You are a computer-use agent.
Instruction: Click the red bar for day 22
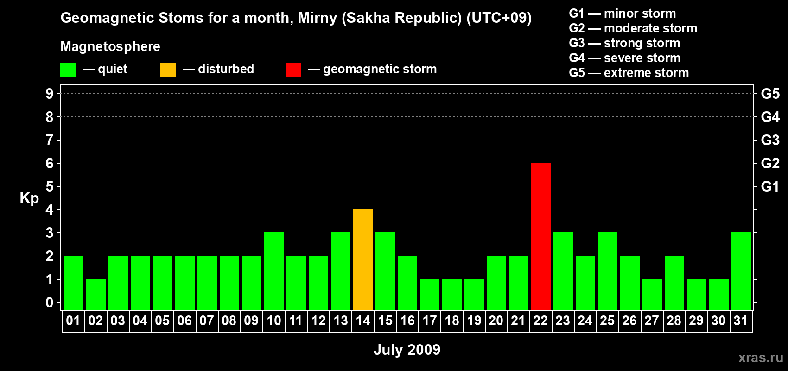tap(540, 236)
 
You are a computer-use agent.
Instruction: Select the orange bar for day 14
tap(362, 259)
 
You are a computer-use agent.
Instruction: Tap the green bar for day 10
tap(273, 271)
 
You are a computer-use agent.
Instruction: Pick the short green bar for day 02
tap(95, 294)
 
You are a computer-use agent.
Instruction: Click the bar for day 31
tap(741, 271)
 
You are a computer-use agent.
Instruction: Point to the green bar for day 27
tap(652, 294)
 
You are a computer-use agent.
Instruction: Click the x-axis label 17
tap(430, 320)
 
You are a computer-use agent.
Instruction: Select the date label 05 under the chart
tap(162, 320)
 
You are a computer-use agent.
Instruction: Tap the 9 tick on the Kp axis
tap(49, 94)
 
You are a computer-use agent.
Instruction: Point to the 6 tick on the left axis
tap(49, 163)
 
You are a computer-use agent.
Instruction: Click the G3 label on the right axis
tap(770, 140)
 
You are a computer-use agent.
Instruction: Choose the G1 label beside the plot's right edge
tap(770, 186)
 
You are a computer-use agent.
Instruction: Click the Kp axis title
tap(29, 198)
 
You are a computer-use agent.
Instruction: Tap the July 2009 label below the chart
tap(407, 350)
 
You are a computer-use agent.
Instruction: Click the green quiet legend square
tap(68, 70)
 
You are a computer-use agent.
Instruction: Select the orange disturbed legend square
tap(168, 70)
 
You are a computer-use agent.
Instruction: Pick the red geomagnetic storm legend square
tap(293, 70)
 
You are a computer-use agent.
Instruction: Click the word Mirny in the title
tap(318, 18)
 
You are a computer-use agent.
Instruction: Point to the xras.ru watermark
tap(761, 358)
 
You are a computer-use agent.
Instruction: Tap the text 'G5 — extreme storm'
tap(629, 73)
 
